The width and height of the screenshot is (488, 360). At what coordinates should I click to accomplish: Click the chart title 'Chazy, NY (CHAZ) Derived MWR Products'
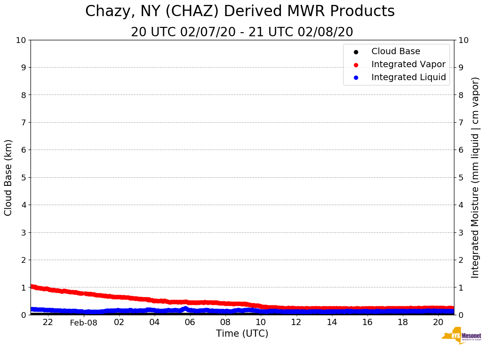(240, 12)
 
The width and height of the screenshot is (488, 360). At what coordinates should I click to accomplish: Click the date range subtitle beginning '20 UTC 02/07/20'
(242, 32)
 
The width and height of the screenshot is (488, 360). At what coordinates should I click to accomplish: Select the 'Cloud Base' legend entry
(396, 51)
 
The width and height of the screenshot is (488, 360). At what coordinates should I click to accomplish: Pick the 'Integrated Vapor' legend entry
(408, 64)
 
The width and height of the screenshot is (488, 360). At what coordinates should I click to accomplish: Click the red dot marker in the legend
(356, 65)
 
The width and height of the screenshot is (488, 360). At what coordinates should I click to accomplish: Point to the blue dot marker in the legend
(356, 78)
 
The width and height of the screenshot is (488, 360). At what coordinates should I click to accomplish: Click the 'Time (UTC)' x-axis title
(242, 334)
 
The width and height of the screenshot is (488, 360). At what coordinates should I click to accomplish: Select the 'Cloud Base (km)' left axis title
(9, 177)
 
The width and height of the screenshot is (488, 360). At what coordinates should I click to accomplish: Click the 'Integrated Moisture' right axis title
(475, 177)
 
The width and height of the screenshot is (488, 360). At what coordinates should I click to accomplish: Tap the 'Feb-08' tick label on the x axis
(83, 323)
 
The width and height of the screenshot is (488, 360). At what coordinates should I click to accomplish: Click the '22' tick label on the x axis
(48, 322)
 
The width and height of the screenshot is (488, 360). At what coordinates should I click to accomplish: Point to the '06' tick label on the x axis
(190, 322)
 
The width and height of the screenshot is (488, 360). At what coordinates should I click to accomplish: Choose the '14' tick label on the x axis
(332, 322)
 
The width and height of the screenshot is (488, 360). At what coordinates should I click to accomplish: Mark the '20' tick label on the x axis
(438, 322)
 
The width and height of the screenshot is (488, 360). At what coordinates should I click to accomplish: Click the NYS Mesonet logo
(462, 336)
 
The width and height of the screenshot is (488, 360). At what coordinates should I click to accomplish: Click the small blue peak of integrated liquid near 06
(186, 308)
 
